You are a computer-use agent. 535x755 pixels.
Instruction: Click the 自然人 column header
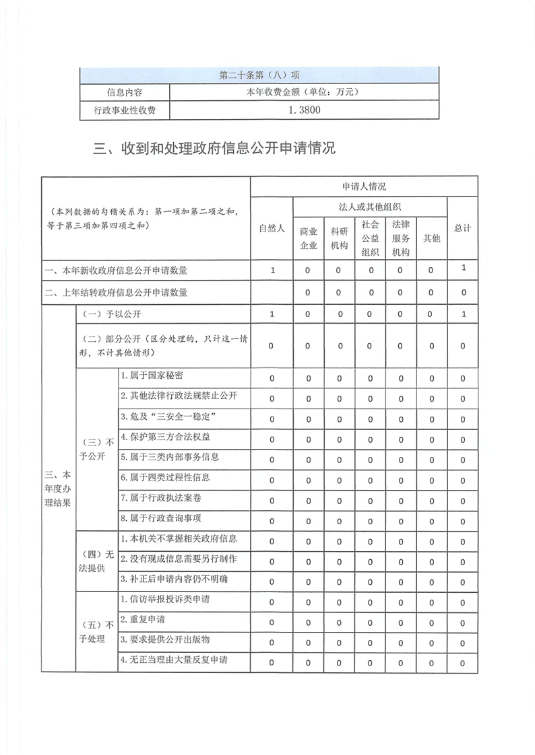click(272, 229)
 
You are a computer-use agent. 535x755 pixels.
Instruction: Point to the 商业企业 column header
click(309, 238)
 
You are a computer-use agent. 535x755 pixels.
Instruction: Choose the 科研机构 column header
click(339, 238)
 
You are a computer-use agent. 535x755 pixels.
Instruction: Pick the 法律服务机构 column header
click(400, 238)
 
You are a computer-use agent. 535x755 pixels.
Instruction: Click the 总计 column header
click(462, 229)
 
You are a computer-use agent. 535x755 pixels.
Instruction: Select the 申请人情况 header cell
click(364, 186)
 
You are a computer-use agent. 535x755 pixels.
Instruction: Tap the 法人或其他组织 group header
click(369, 207)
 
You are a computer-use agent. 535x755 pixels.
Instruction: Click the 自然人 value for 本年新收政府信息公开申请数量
click(272, 271)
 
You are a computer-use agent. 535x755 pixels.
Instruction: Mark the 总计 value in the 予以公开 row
click(463, 314)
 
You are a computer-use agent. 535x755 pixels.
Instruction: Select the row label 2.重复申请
click(142, 618)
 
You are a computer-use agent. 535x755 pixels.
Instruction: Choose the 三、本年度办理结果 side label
click(58, 489)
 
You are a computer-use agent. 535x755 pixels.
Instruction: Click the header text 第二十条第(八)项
click(259, 74)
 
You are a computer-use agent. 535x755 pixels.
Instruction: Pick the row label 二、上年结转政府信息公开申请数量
click(115, 293)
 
